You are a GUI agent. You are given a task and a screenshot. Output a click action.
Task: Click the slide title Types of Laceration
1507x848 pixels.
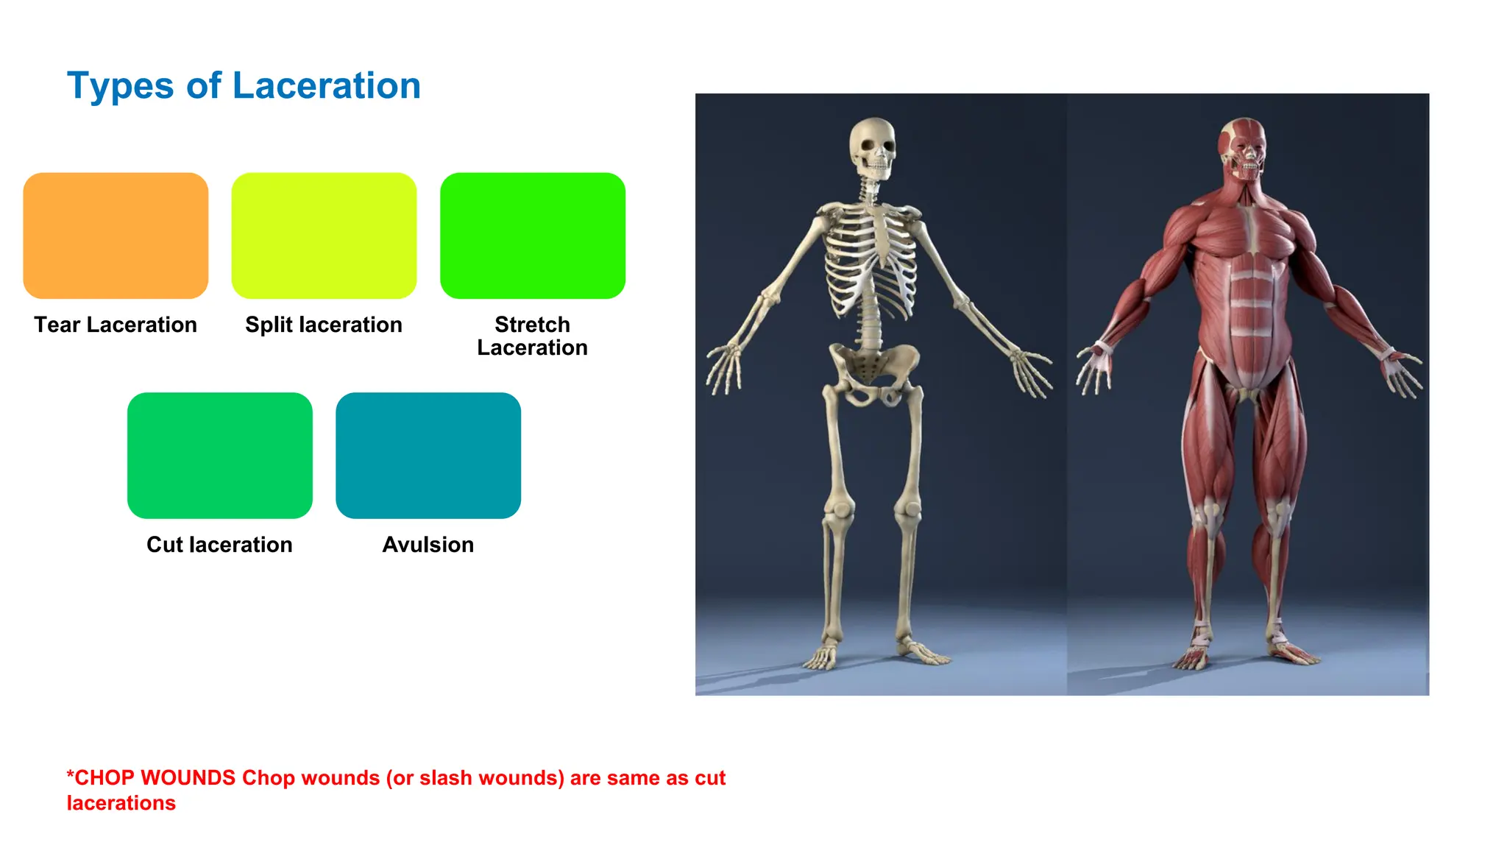click(244, 86)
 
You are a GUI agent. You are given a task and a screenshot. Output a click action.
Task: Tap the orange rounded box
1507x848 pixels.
click(116, 236)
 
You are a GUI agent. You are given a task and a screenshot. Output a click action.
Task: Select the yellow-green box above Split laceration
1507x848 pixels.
click(324, 236)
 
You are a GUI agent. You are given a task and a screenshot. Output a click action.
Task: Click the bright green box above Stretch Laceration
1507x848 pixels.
click(532, 236)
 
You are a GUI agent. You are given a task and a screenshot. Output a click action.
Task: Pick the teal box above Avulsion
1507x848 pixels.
click(428, 455)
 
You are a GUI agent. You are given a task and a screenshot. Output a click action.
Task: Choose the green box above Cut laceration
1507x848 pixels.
click(219, 455)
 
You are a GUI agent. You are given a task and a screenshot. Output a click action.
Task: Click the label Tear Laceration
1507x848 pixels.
click(116, 325)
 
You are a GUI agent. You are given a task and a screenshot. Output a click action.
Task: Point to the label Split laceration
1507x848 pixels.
click(324, 325)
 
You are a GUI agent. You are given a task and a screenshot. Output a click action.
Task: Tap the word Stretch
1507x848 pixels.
click(532, 324)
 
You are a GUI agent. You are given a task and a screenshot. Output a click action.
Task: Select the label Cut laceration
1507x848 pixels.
click(219, 545)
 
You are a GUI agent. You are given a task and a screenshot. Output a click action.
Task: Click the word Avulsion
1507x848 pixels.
click(428, 545)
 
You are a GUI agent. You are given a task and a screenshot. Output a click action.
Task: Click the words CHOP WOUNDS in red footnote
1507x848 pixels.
click(155, 778)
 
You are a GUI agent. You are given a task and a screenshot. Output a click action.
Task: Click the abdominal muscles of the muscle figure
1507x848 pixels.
click(1251, 309)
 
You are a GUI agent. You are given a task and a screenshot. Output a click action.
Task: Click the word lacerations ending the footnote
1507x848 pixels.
click(121, 803)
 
